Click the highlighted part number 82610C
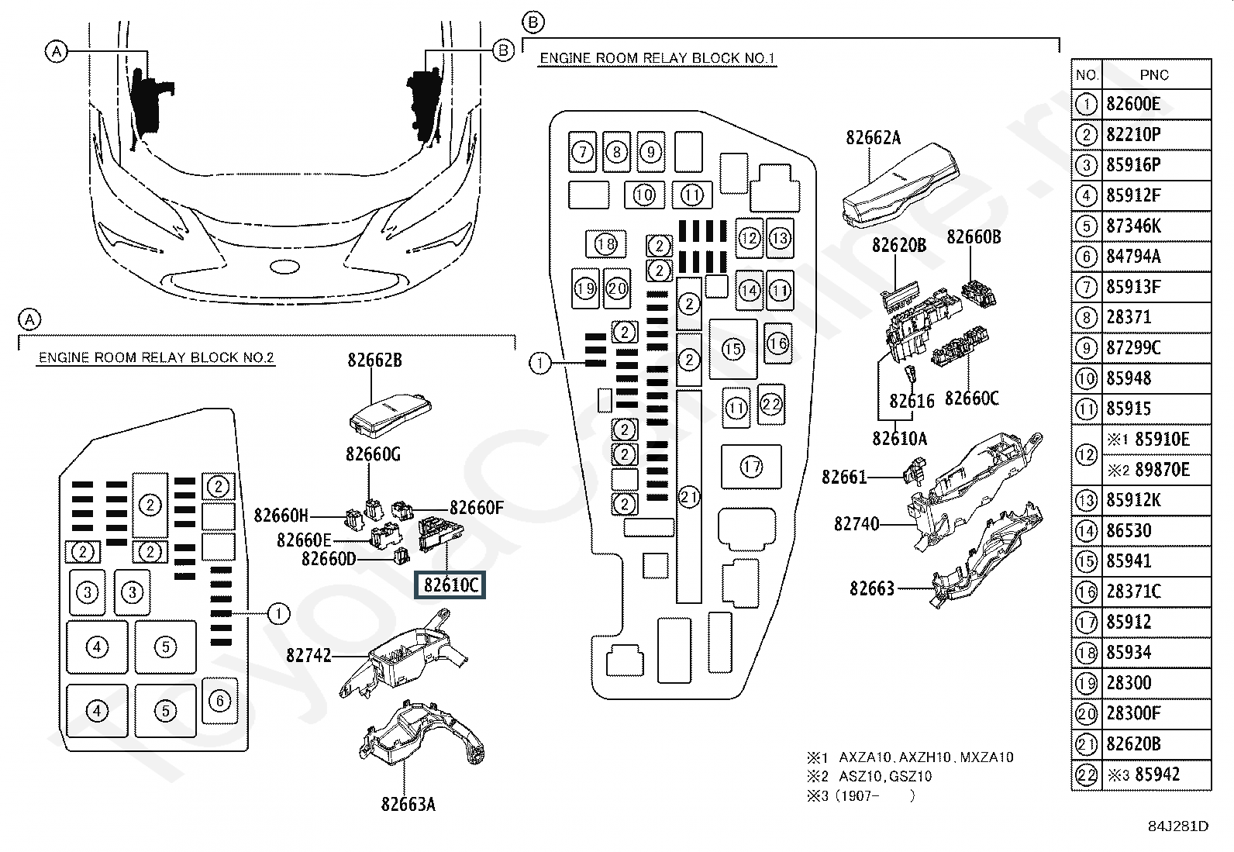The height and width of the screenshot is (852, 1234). [x=450, y=585]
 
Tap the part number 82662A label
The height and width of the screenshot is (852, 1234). [x=874, y=138]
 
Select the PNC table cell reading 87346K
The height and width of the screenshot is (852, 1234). [x=1155, y=226]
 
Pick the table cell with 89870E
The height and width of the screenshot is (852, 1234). [x=1155, y=470]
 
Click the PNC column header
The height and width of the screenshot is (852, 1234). [x=1155, y=74]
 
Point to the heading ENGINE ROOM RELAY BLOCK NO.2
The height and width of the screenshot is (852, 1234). [x=156, y=357]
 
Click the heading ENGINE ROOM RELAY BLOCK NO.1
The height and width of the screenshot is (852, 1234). [x=657, y=58]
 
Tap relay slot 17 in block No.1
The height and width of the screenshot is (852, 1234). [x=751, y=467]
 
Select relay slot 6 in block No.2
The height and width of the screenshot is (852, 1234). [x=220, y=701]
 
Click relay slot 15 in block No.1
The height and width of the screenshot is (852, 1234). [x=732, y=349]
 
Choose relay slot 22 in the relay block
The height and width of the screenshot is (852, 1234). [x=770, y=405]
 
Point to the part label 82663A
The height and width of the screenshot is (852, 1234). [x=408, y=805]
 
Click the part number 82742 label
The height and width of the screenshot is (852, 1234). [x=308, y=655]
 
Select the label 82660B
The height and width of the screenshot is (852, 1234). [x=974, y=237]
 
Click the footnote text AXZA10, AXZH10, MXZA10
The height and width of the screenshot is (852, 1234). [x=926, y=757]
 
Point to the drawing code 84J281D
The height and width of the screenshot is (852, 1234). [x=1178, y=826]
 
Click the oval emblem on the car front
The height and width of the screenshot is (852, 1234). [x=284, y=267]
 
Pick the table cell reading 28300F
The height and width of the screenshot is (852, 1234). [x=1155, y=713]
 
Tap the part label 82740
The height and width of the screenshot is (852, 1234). [x=857, y=523]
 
